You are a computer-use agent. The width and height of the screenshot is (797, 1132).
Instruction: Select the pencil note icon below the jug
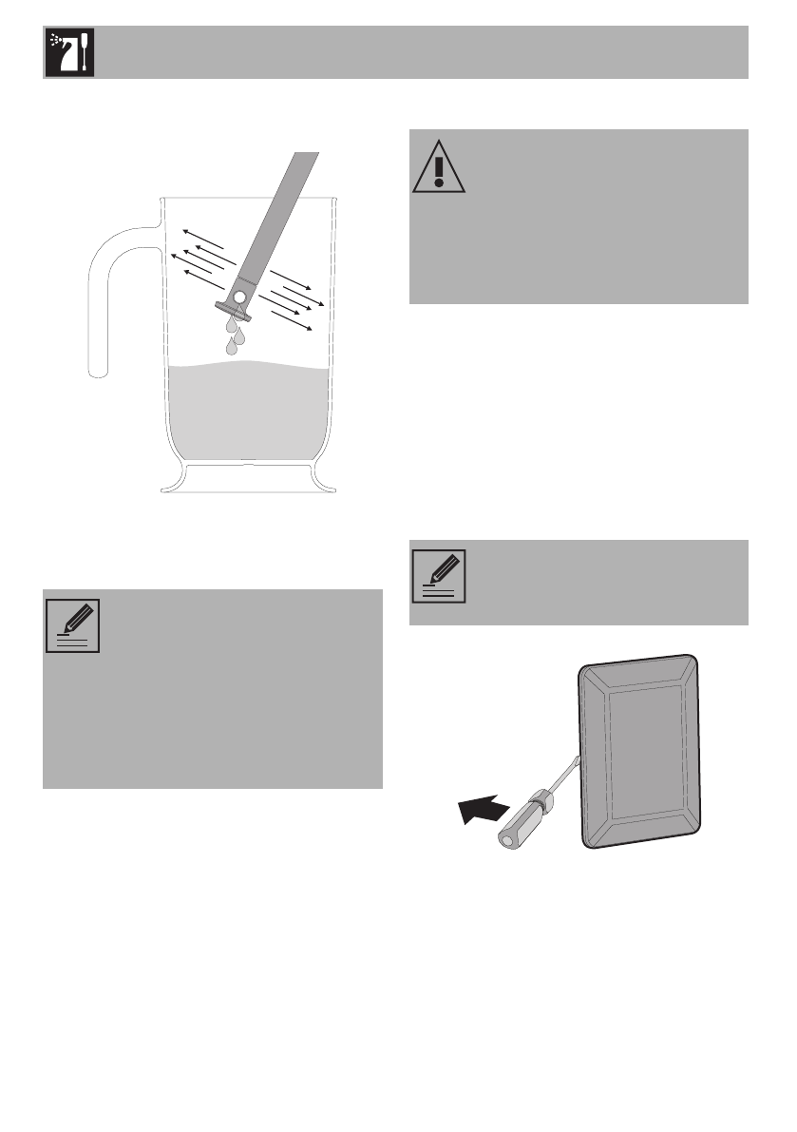click(72, 625)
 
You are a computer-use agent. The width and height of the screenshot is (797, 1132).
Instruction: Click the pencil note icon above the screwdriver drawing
click(438, 577)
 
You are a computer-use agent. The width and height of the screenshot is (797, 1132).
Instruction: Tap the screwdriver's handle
click(518, 818)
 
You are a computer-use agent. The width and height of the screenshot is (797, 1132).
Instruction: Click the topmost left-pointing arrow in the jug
click(205, 239)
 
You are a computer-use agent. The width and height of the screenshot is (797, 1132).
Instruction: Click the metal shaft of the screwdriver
click(562, 776)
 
